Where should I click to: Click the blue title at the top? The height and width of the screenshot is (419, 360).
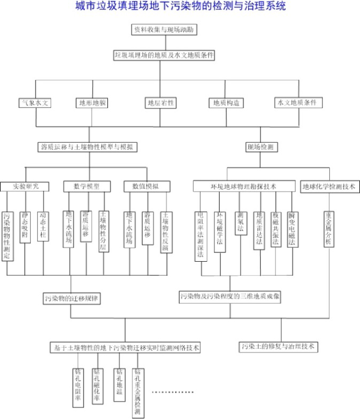(x=180, y=7)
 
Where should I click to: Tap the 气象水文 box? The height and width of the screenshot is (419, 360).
(x=36, y=103)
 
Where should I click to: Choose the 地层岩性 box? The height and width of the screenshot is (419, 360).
(x=161, y=103)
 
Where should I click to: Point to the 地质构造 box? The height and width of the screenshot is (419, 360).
(x=225, y=103)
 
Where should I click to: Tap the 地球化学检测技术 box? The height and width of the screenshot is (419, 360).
(x=331, y=187)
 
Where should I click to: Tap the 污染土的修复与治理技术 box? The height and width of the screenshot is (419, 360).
(x=279, y=346)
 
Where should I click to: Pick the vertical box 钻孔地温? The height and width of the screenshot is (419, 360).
(x=119, y=383)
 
